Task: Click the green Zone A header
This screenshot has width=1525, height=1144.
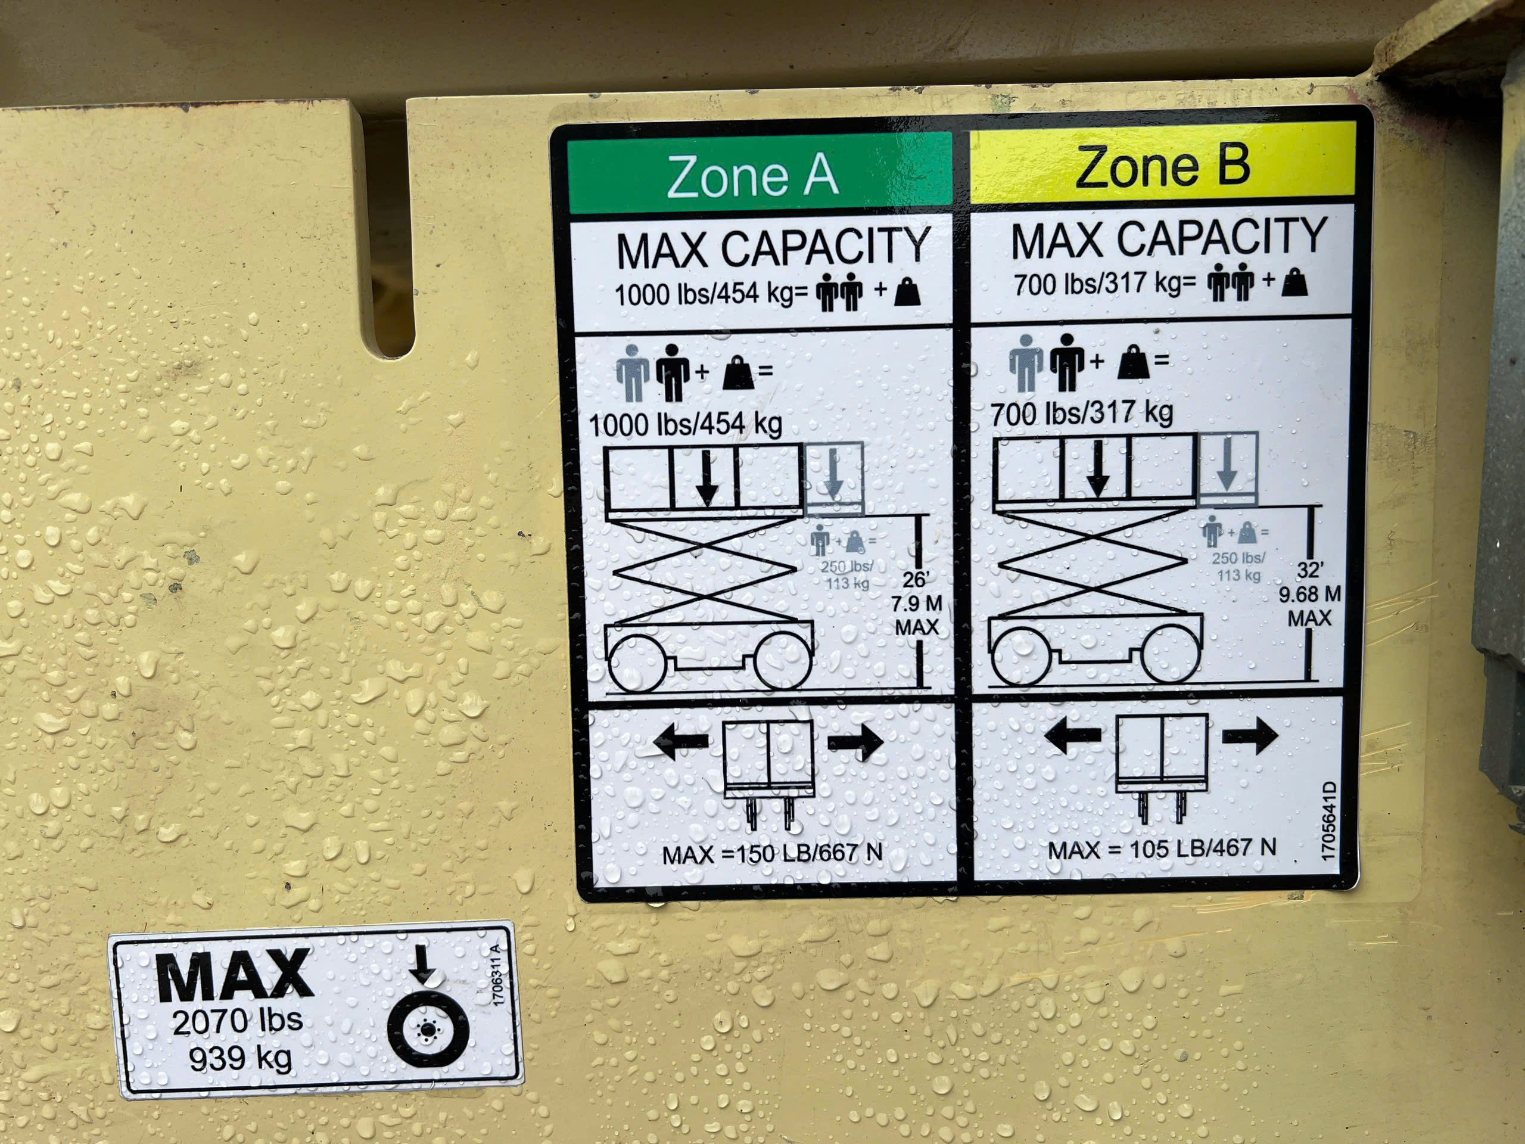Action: (x=759, y=174)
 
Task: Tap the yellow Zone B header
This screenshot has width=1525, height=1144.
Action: (x=1162, y=163)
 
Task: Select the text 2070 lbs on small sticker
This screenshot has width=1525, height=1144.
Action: (x=237, y=1021)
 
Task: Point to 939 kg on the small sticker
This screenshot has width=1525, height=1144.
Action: (x=241, y=1058)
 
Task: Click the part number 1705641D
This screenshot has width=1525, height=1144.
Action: (x=1328, y=820)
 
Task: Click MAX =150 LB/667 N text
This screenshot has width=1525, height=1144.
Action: (x=772, y=854)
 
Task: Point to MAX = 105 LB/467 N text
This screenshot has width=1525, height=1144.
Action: (x=1162, y=848)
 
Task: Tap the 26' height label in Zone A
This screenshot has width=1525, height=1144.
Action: (x=916, y=579)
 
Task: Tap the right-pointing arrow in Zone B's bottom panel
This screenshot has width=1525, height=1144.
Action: (x=1249, y=735)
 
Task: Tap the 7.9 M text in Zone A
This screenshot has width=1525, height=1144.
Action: (x=916, y=604)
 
